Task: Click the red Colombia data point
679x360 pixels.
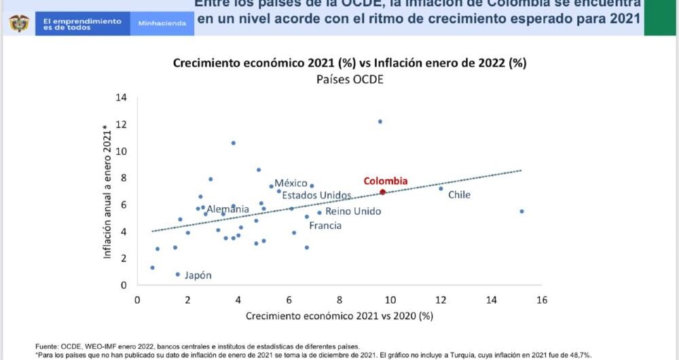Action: click(383, 192)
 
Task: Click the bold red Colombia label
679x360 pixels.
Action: click(385, 181)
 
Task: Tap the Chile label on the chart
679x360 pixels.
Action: click(459, 195)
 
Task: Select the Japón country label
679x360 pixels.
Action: click(198, 275)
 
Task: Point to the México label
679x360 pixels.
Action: click(291, 183)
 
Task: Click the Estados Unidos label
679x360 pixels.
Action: click(316, 196)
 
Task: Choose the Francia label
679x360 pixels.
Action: click(325, 226)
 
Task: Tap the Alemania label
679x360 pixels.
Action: click(227, 209)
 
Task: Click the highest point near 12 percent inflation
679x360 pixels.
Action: click(380, 122)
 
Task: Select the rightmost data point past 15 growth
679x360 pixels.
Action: click(521, 211)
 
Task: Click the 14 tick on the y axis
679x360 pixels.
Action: click(122, 97)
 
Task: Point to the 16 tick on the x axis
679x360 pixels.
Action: click(541, 300)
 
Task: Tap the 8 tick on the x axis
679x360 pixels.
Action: click(339, 300)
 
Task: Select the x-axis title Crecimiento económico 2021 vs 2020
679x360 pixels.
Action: click(339, 316)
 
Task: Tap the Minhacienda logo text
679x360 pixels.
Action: click(162, 23)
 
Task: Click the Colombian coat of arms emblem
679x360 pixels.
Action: click(19, 23)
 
